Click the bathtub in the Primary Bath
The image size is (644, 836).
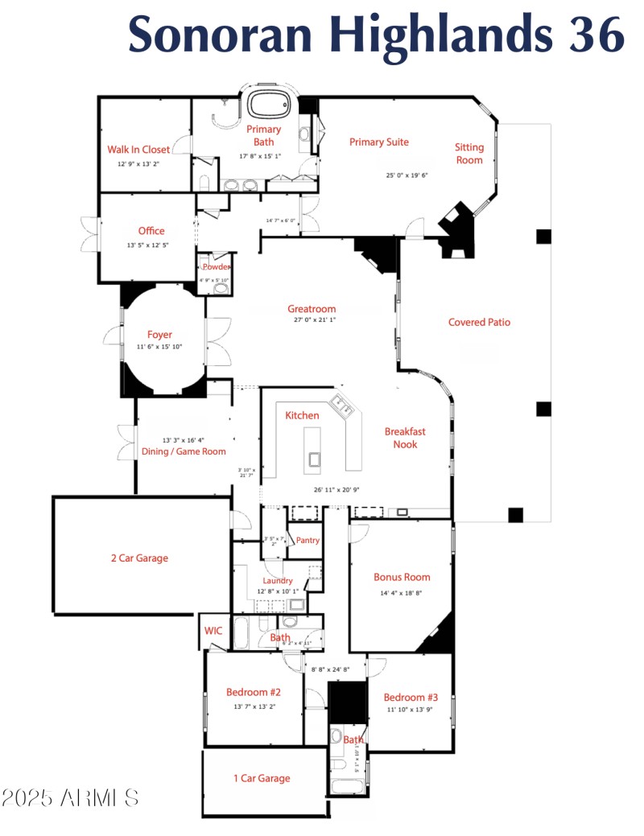270,105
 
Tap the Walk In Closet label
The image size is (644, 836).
138,150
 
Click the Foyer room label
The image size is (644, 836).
159,335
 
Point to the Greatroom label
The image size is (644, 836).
312,309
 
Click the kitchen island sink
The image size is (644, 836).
314,459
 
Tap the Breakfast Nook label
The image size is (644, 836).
405,438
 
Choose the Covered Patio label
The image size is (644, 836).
479,323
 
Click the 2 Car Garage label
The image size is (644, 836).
139,558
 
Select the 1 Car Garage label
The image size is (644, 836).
262,778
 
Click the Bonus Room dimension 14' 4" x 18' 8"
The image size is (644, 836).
401,594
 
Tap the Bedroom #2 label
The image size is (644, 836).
253,692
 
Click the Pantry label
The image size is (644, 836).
308,540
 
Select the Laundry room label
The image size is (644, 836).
278,581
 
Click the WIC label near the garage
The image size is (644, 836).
213,630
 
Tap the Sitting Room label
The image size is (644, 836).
469,154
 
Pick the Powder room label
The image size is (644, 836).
217,267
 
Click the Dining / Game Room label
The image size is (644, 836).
184,451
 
